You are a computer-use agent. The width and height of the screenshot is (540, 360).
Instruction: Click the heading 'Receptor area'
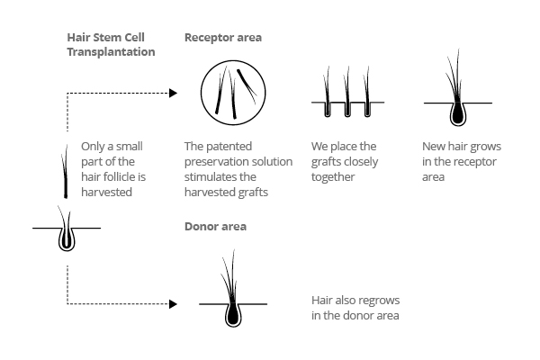(223, 38)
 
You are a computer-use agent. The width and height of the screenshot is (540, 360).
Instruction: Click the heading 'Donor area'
(215, 226)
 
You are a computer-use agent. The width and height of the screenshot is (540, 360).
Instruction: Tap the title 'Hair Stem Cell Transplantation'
(111, 45)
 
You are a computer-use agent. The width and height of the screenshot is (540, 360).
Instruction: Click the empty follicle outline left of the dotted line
(66, 237)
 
